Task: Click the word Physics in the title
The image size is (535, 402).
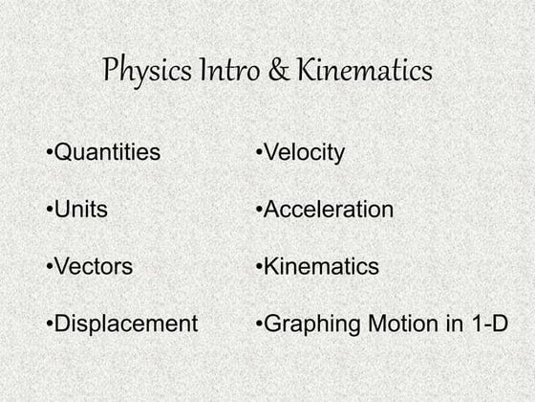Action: (x=144, y=72)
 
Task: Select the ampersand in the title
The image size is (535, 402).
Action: (x=280, y=71)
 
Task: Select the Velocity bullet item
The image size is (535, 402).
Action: (x=303, y=153)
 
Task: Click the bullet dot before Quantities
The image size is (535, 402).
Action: (x=49, y=153)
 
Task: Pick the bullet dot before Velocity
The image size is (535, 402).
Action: (x=259, y=153)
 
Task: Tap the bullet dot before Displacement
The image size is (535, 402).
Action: (x=49, y=324)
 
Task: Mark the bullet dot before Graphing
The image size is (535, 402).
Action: (x=259, y=324)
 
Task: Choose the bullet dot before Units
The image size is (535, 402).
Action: (x=49, y=210)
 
